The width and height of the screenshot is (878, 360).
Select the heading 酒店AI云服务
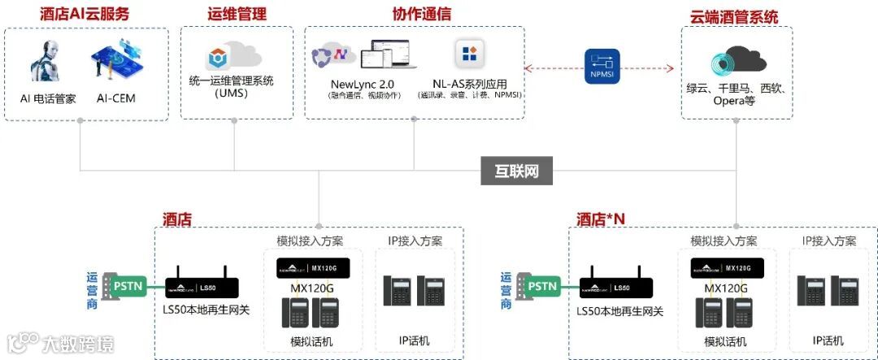pos(85,15)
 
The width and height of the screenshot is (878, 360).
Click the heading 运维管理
pos(237,15)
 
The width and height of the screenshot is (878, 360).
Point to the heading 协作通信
pos(422,15)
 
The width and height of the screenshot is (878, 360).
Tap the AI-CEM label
pos(115,99)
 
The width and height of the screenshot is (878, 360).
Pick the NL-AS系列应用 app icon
pos(470,55)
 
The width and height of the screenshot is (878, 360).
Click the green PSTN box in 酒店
pos(127,286)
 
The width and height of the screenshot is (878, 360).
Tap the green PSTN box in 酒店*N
pos(541,286)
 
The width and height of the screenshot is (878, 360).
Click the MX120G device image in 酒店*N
pos(727,268)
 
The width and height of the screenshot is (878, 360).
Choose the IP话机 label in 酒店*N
pos(828,340)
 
